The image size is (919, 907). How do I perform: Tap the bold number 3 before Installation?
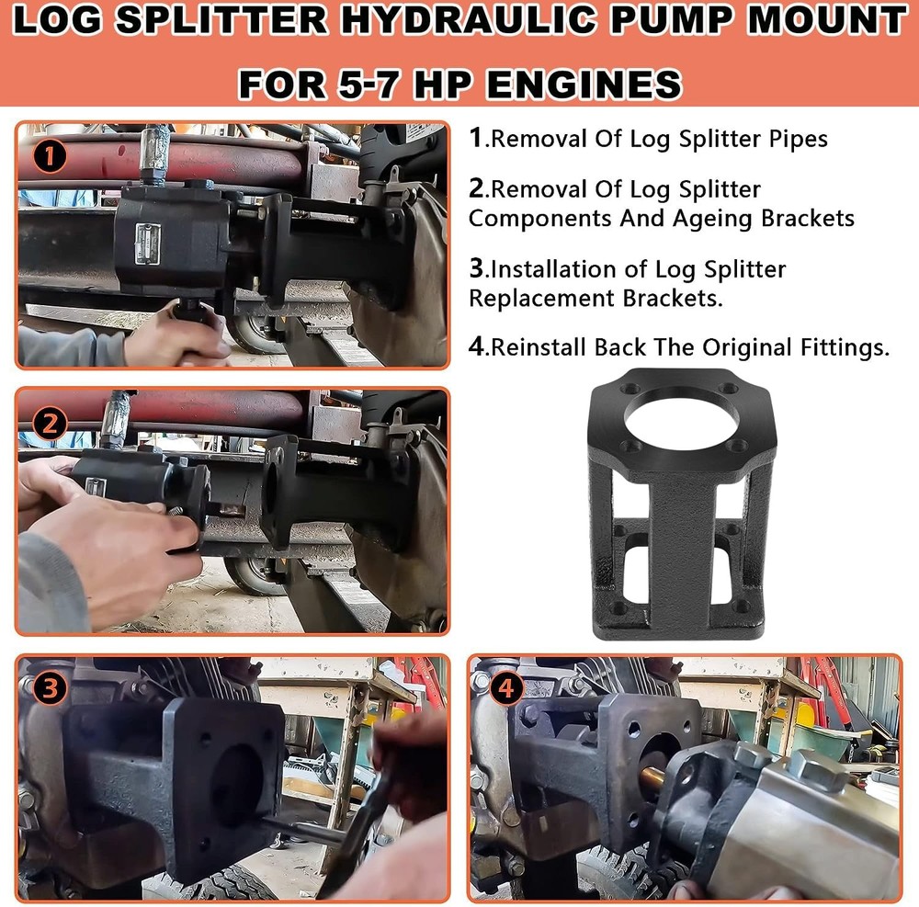476,269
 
